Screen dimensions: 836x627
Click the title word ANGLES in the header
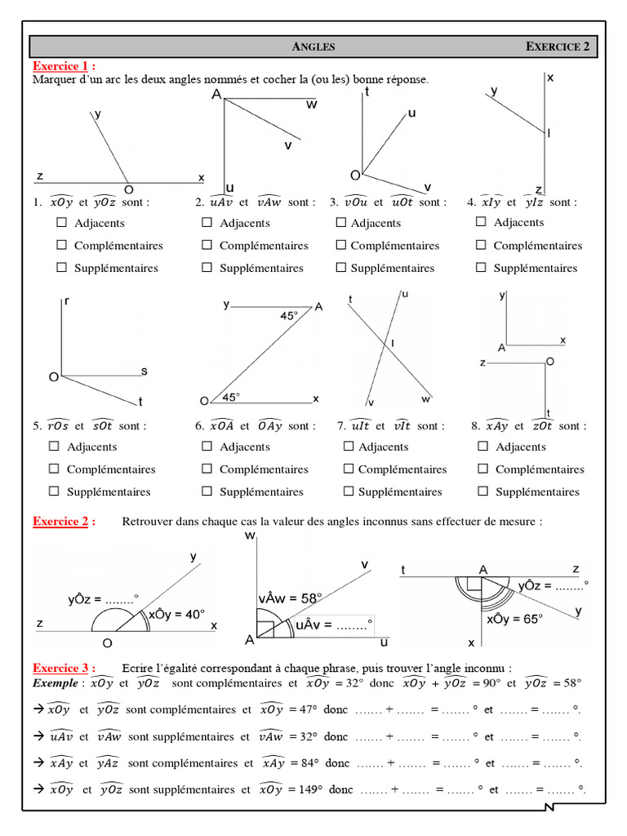313,47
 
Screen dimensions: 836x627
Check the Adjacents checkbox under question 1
62,222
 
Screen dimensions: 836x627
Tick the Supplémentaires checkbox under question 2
207,267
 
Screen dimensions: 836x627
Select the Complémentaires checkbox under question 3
340,245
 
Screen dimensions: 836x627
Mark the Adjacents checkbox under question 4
482,221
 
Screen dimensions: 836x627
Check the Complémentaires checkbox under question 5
54,469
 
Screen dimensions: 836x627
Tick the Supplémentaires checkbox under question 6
207,491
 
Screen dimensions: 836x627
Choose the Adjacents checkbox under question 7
349,446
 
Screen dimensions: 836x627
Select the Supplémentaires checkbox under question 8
483,491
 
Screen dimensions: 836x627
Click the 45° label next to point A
289,315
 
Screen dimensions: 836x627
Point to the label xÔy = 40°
176,615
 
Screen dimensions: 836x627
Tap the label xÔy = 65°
514,619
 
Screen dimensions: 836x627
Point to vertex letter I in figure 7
393,344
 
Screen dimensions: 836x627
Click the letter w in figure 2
312,104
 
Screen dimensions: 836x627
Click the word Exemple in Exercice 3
56,683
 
